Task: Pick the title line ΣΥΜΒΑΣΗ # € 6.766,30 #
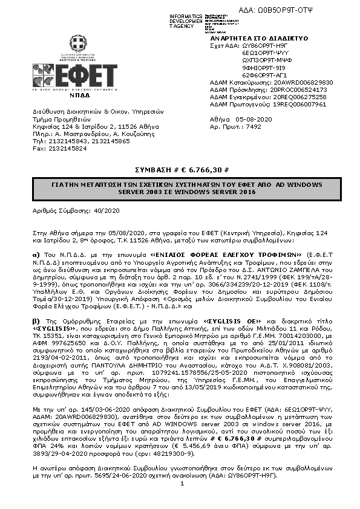(180, 171)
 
